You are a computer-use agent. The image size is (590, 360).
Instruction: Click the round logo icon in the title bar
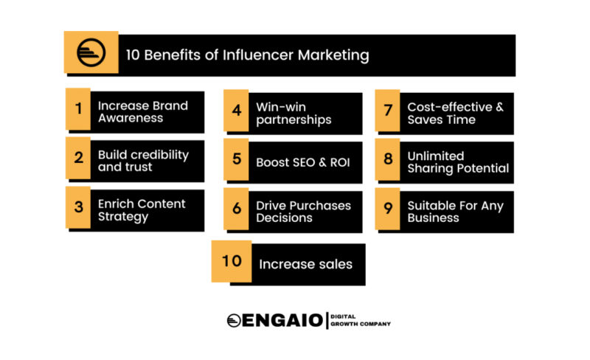pyautogui.click(x=91, y=52)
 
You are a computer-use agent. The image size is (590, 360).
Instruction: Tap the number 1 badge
pyautogui.click(x=78, y=109)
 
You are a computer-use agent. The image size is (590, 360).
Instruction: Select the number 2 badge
pyautogui.click(x=78, y=158)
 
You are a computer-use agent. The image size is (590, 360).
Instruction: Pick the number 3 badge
pyautogui.click(x=78, y=207)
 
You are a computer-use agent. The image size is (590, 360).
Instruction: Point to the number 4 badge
pyautogui.click(x=236, y=111)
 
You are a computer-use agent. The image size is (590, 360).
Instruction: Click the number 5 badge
pyautogui.click(x=236, y=159)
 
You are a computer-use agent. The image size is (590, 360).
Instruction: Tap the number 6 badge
pyautogui.click(x=236, y=209)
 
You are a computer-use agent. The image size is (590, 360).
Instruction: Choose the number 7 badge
pyautogui.click(x=388, y=111)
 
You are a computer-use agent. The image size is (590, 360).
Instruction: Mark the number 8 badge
pyautogui.click(x=388, y=159)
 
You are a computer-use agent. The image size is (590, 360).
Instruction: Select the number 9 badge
pyautogui.click(x=388, y=209)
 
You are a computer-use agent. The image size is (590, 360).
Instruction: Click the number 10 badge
pyautogui.click(x=232, y=261)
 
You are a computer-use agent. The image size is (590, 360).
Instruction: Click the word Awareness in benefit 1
pyautogui.click(x=131, y=118)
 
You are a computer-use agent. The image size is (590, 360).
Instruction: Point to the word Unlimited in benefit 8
pyautogui.click(x=436, y=156)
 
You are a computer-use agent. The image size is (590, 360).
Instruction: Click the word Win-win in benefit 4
pyautogui.click(x=281, y=107)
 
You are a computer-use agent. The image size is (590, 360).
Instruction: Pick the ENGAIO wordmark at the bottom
pyautogui.click(x=282, y=320)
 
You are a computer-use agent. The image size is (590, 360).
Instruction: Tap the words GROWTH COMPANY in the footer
pyautogui.click(x=361, y=324)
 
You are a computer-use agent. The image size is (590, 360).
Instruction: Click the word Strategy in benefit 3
pyautogui.click(x=123, y=217)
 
